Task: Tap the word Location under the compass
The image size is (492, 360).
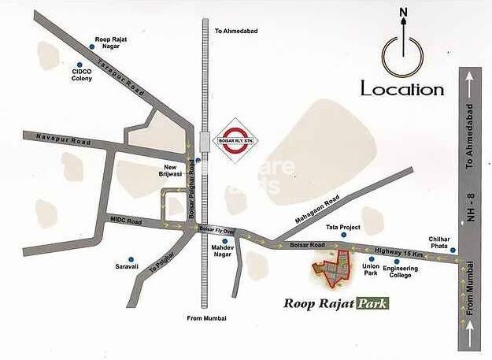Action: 402,89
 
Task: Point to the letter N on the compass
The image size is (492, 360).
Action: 403,12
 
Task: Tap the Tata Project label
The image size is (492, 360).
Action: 343,227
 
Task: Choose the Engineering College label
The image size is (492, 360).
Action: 401,272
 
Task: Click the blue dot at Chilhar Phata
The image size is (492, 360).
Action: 453,250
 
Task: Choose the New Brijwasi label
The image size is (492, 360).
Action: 172,171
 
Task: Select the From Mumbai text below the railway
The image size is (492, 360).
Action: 207,317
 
